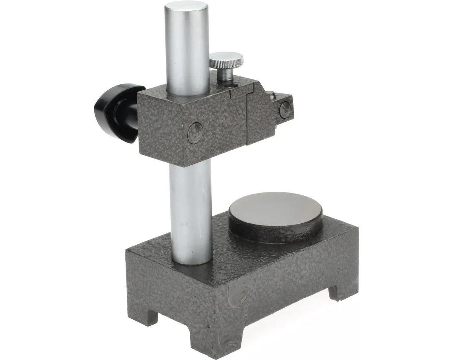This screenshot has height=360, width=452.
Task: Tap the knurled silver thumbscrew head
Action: [226, 60]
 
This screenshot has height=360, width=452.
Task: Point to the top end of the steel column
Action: [187, 9]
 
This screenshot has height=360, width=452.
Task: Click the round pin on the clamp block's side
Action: [195, 133]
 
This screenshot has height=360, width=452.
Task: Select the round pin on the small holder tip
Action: [285, 109]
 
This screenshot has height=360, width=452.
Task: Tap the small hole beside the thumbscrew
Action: [231, 87]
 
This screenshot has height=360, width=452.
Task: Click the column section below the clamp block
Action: [191, 211]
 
